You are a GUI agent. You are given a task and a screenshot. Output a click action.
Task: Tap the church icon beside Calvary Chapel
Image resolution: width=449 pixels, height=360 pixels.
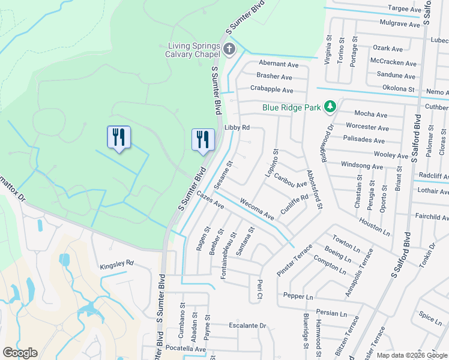[x=229, y=49]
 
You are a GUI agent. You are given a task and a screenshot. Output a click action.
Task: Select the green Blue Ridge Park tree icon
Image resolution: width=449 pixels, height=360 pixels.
[x=330, y=107]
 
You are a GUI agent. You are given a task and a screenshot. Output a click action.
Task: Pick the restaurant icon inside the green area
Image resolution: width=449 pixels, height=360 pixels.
[x=119, y=137]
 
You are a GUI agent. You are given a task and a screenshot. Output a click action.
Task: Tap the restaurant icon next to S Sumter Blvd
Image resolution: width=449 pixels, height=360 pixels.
[x=203, y=139]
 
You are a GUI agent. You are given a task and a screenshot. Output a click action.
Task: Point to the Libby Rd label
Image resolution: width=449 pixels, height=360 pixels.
[x=237, y=127]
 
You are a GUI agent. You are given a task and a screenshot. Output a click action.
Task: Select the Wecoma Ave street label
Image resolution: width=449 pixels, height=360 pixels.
[x=256, y=208]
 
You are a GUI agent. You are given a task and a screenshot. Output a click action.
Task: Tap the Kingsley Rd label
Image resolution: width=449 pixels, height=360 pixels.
[x=116, y=263]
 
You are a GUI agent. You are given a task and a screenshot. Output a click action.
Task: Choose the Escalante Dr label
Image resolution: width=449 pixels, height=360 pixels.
[x=247, y=326]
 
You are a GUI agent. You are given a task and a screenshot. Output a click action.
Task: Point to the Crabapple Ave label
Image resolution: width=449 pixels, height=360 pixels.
[x=271, y=90]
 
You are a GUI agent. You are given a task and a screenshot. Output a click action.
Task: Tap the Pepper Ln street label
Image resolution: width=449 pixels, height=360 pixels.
[x=298, y=296]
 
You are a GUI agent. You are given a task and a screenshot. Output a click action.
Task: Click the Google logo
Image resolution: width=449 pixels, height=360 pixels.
[x=19, y=353]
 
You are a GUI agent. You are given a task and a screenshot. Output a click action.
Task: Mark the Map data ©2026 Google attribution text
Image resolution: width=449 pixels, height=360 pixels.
[x=411, y=355]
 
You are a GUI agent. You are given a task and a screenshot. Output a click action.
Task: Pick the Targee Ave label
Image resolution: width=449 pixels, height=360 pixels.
[x=405, y=9]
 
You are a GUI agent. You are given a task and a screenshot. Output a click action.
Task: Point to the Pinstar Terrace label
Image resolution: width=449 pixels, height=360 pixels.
[x=294, y=260]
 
